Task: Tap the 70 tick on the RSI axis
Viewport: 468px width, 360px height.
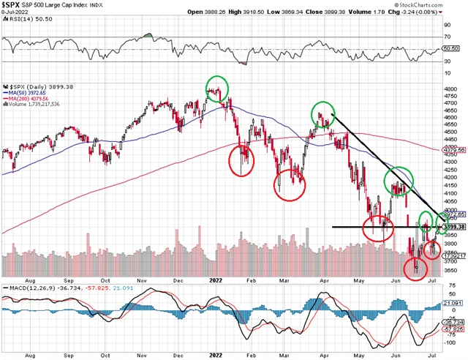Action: [x=447, y=35]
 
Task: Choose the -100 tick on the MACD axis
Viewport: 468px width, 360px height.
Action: [x=448, y=342]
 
